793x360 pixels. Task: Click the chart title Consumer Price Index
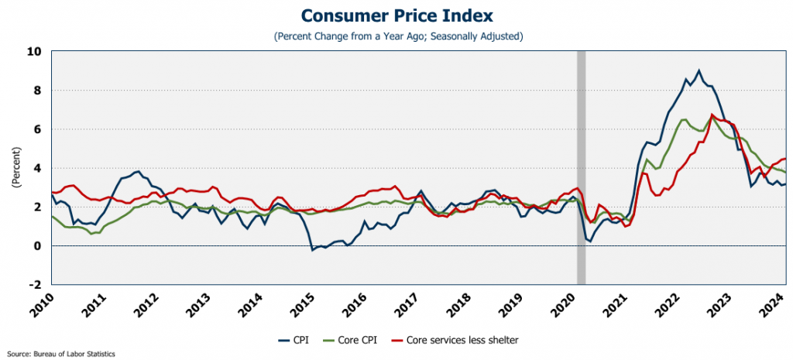click(x=396, y=16)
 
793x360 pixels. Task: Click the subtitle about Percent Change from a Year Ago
click(x=396, y=36)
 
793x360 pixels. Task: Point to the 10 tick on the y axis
click(x=34, y=52)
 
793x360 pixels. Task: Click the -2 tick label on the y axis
click(x=35, y=284)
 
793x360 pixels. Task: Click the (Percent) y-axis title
click(x=15, y=168)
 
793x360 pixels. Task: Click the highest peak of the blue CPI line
click(x=699, y=70)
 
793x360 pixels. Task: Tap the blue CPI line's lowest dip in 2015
click(x=312, y=250)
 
